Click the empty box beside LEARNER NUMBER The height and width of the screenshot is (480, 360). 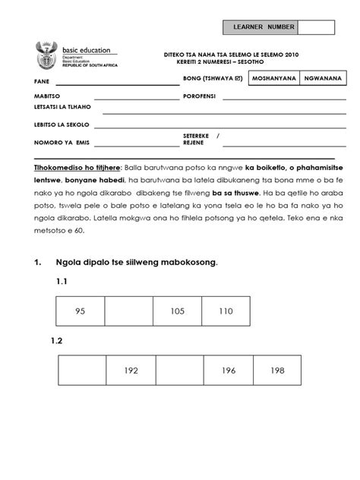[316, 28]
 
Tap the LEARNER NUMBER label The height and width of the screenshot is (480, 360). [260, 28]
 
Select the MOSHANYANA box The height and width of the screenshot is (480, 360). [274, 78]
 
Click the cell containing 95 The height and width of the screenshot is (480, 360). [81, 311]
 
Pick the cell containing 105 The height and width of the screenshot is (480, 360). [177, 311]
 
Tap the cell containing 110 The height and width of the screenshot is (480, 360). [226, 311]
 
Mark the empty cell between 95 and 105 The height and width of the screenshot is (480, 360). [128, 311]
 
